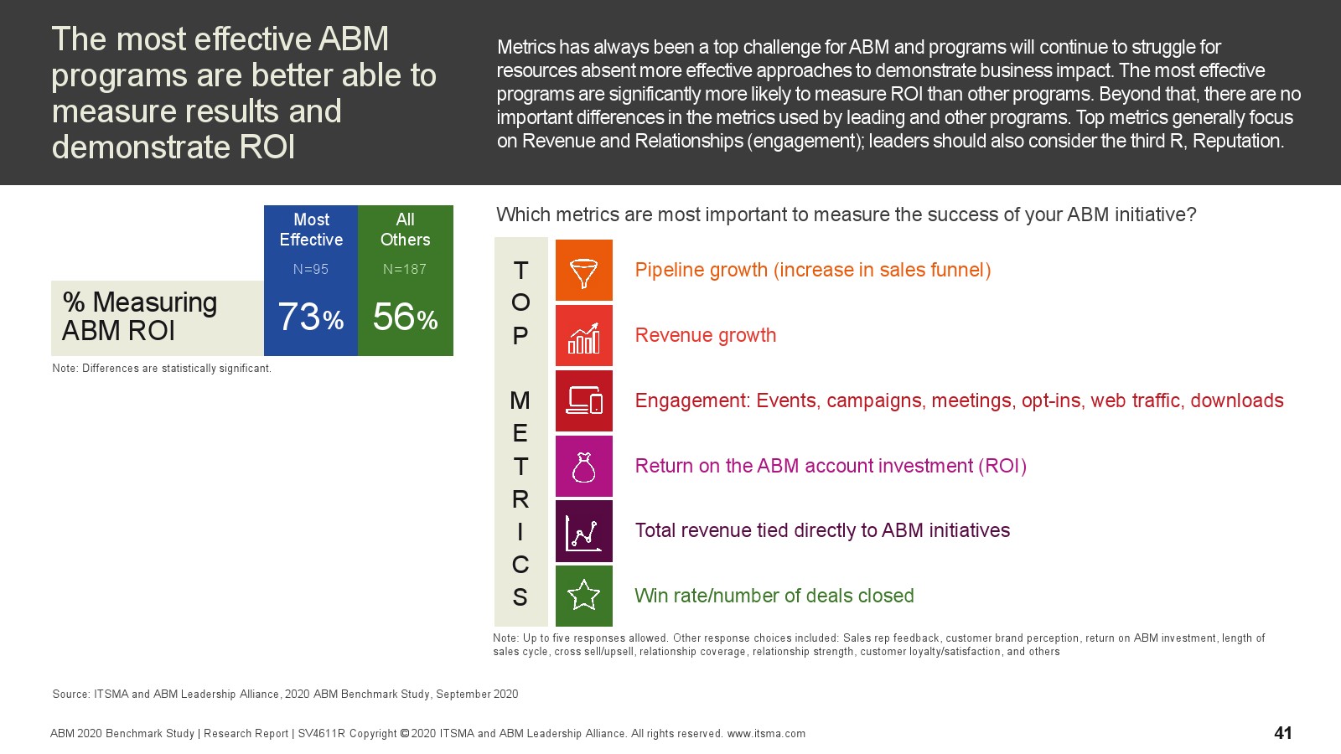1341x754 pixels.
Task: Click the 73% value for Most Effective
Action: [311, 317]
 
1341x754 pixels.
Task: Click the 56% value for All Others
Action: [406, 317]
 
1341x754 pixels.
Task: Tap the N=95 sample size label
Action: [311, 269]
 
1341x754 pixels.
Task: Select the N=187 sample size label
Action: [405, 269]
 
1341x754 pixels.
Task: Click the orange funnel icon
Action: [583, 270]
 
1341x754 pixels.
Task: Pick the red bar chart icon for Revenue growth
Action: [583, 335]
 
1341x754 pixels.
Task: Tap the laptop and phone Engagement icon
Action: [583, 400]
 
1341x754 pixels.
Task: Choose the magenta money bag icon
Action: [583, 466]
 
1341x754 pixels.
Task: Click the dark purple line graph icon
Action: [583, 531]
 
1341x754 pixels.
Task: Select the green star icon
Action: [583, 596]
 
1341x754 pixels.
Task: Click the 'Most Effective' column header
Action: [311, 230]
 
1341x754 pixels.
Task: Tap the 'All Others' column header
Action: [406, 230]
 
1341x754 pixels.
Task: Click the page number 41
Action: [1283, 732]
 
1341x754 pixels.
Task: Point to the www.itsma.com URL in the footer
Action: [766, 734]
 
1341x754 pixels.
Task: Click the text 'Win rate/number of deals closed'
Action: [774, 596]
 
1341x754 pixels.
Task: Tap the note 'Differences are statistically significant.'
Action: [177, 368]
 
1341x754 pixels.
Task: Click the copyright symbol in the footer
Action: [405, 733]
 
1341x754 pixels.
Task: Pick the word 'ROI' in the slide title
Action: [267, 147]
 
